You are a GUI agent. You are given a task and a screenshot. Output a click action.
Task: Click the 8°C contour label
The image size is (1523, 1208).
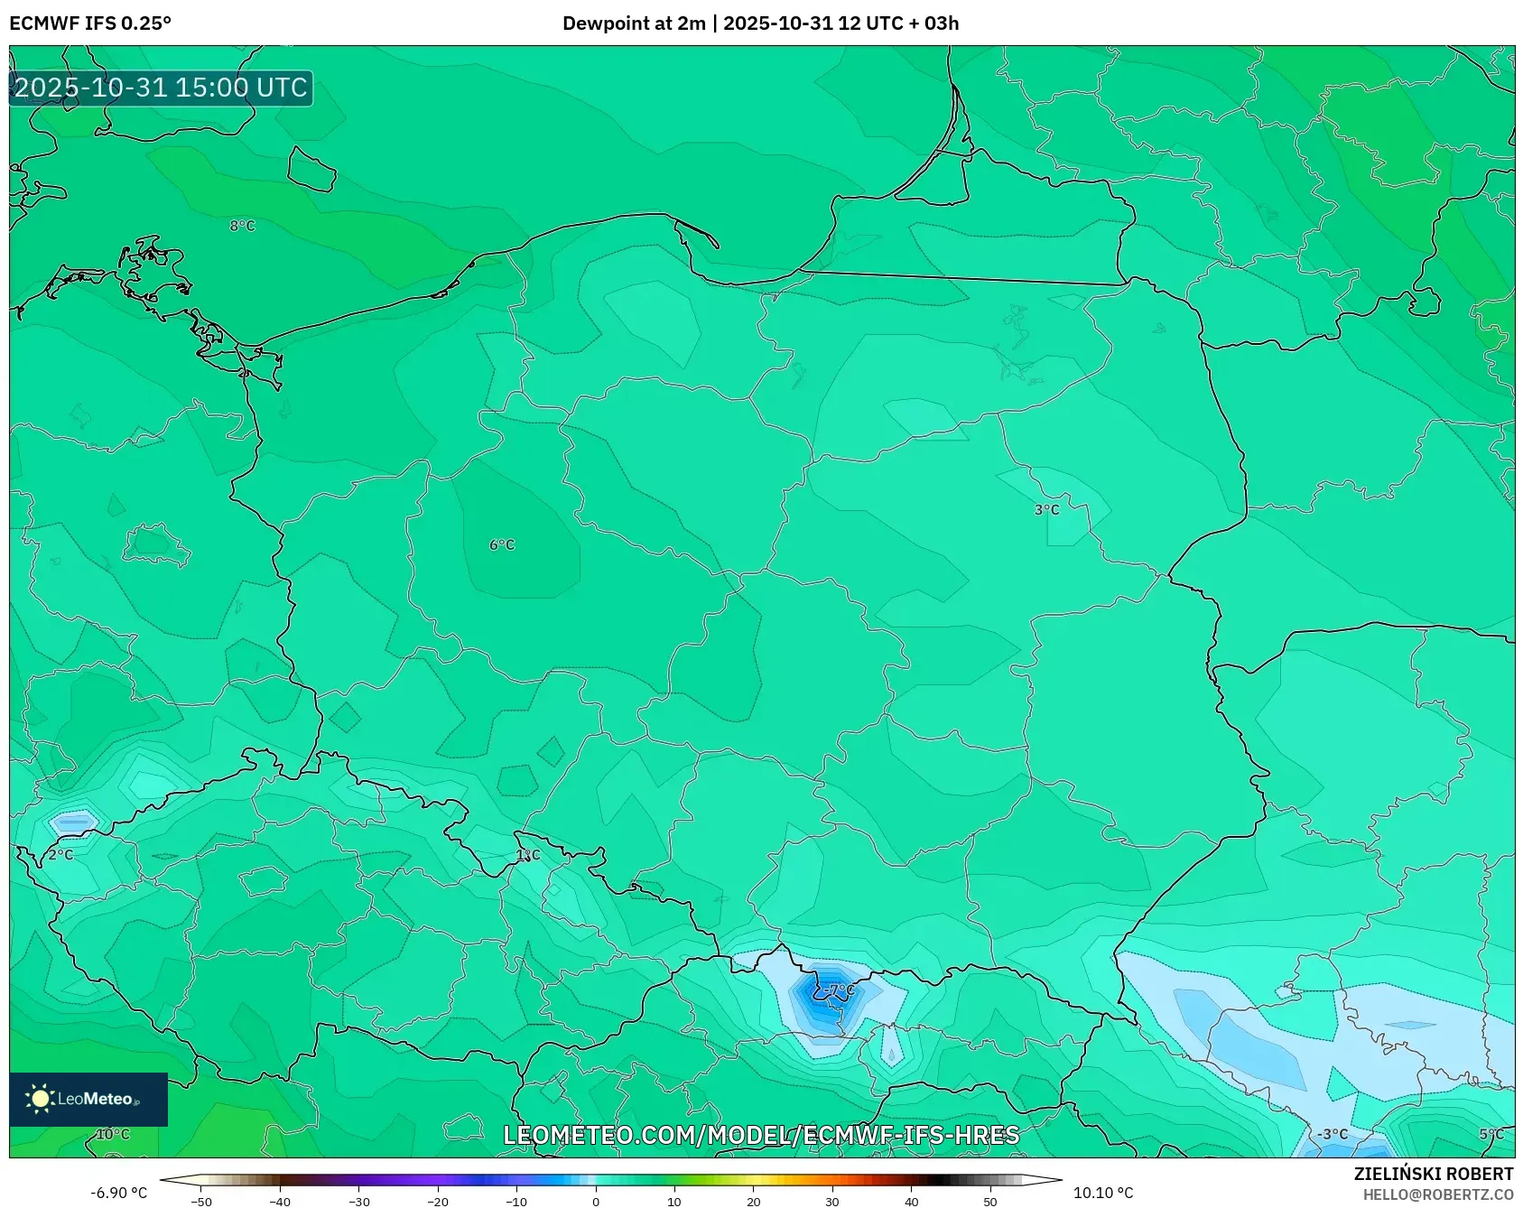pos(242,226)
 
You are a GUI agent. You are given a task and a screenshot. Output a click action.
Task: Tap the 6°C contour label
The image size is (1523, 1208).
pos(502,545)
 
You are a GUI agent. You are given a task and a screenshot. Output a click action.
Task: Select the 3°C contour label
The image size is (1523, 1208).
pos(1046,510)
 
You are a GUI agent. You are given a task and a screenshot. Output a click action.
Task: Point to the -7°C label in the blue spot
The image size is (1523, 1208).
pos(840,990)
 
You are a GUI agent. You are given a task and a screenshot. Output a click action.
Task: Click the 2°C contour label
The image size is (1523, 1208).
pos(60,854)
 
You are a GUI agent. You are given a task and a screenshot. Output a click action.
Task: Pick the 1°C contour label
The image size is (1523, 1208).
pos(528,854)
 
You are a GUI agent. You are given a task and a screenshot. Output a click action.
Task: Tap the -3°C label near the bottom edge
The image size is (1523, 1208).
pos(1332,1135)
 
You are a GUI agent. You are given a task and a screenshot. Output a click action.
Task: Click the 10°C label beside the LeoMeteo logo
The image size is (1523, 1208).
pos(113,1135)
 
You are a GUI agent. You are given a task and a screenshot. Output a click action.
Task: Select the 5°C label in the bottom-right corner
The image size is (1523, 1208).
pos(1491,1135)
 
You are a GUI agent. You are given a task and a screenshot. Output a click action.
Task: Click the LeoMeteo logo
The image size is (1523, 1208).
pos(88,1099)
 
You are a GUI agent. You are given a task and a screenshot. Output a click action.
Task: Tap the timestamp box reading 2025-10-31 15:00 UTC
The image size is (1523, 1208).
pos(161,88)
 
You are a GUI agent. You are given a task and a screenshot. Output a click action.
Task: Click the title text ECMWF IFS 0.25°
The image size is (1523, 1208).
pos(90,23)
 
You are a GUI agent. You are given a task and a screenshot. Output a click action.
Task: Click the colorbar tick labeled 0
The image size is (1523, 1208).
pos(595,1202)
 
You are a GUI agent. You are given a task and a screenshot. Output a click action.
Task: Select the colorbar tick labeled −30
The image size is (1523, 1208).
pos(358,1202)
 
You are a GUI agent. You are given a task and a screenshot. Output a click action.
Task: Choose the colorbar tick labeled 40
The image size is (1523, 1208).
pos(911,1202)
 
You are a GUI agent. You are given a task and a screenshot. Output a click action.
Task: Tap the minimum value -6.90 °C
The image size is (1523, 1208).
pos(118,1193)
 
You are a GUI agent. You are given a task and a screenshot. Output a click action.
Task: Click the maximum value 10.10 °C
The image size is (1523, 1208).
pos(1102,1193)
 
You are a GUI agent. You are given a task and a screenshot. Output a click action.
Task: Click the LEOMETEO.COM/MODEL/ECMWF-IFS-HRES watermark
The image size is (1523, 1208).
pos(761,1135)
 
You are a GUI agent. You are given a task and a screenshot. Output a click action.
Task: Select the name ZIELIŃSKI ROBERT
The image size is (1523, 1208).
pos(1433,1174)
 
